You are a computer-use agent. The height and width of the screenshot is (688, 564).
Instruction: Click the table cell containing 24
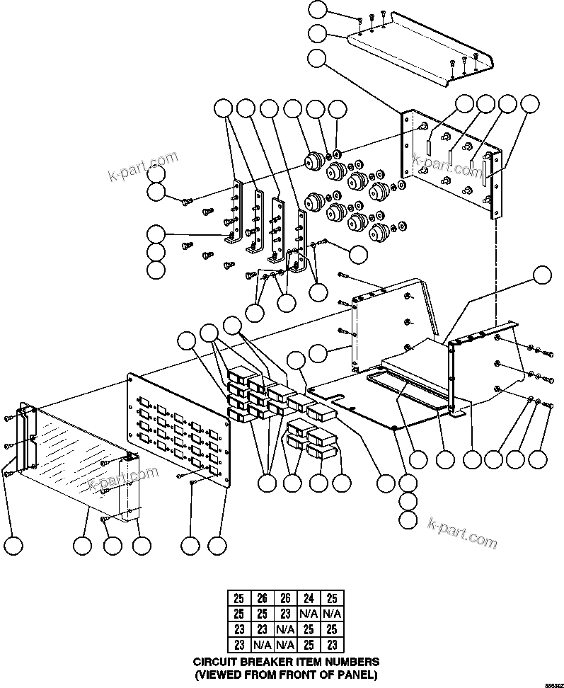308,599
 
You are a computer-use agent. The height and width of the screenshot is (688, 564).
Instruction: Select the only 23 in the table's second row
284,614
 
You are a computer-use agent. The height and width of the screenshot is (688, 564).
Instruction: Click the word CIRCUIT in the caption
214,661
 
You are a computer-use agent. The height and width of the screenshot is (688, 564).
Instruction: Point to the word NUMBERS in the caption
348,661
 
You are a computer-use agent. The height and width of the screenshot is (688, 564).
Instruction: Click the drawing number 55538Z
552,684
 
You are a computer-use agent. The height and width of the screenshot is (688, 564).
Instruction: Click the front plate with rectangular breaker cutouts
177,432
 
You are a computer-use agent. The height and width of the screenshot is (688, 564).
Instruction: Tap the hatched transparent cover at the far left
78,460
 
